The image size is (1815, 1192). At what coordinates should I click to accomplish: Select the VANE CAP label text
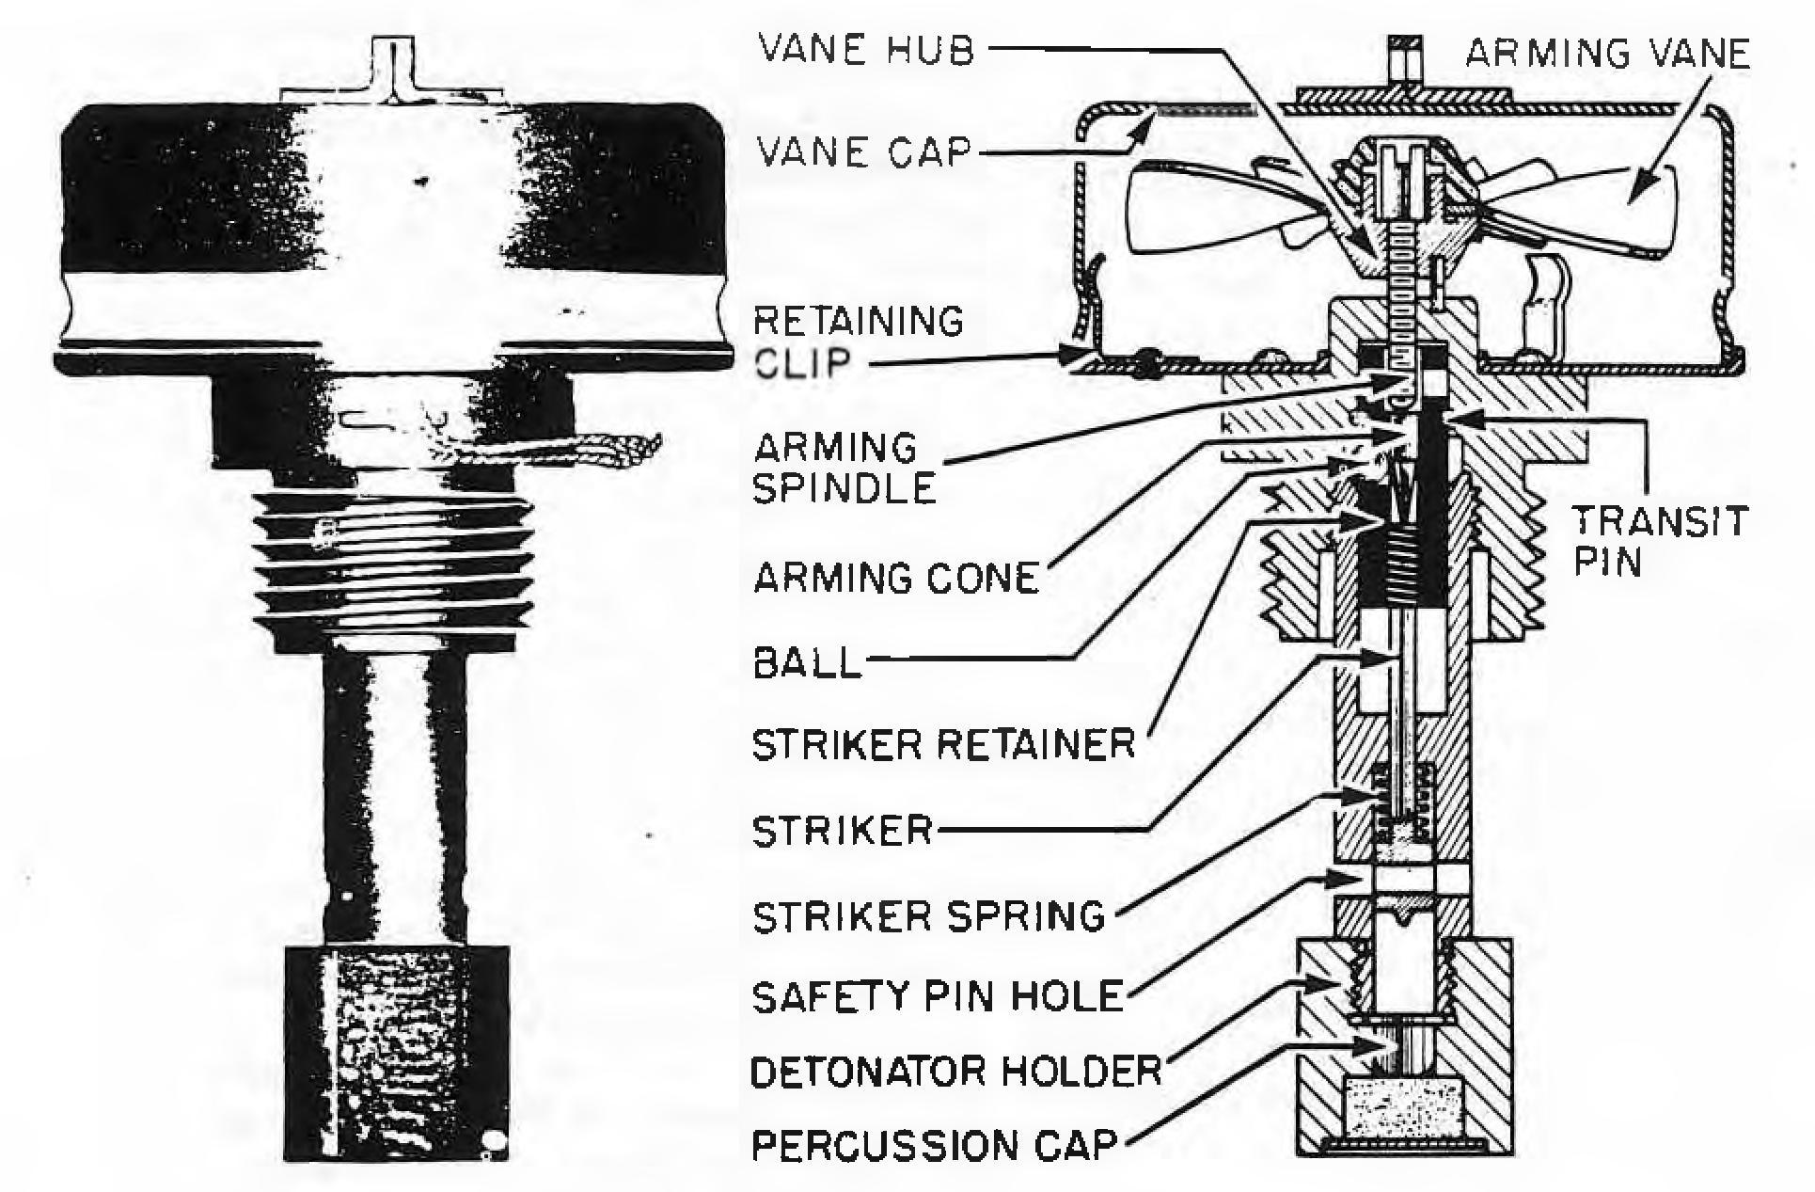(x=862, y=151)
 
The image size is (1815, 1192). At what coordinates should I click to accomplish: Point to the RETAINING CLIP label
(x=859, y=342)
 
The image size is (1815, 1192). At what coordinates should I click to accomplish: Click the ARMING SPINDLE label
(x=845, y=469)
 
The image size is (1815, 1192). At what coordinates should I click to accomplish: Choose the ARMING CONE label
(x=896, y=577)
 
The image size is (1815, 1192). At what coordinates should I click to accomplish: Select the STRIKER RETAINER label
(x=944, y=745)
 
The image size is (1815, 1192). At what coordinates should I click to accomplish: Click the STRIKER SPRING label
(x=929, y=914)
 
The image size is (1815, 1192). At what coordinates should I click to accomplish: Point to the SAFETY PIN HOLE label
(x=939, y=996)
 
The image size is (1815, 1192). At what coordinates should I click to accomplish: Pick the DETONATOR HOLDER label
(x=956, y=1070)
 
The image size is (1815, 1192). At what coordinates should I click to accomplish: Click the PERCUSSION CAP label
(x=935, y=1145)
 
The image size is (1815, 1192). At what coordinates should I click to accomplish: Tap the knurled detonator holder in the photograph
(x=397, y=1054)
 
